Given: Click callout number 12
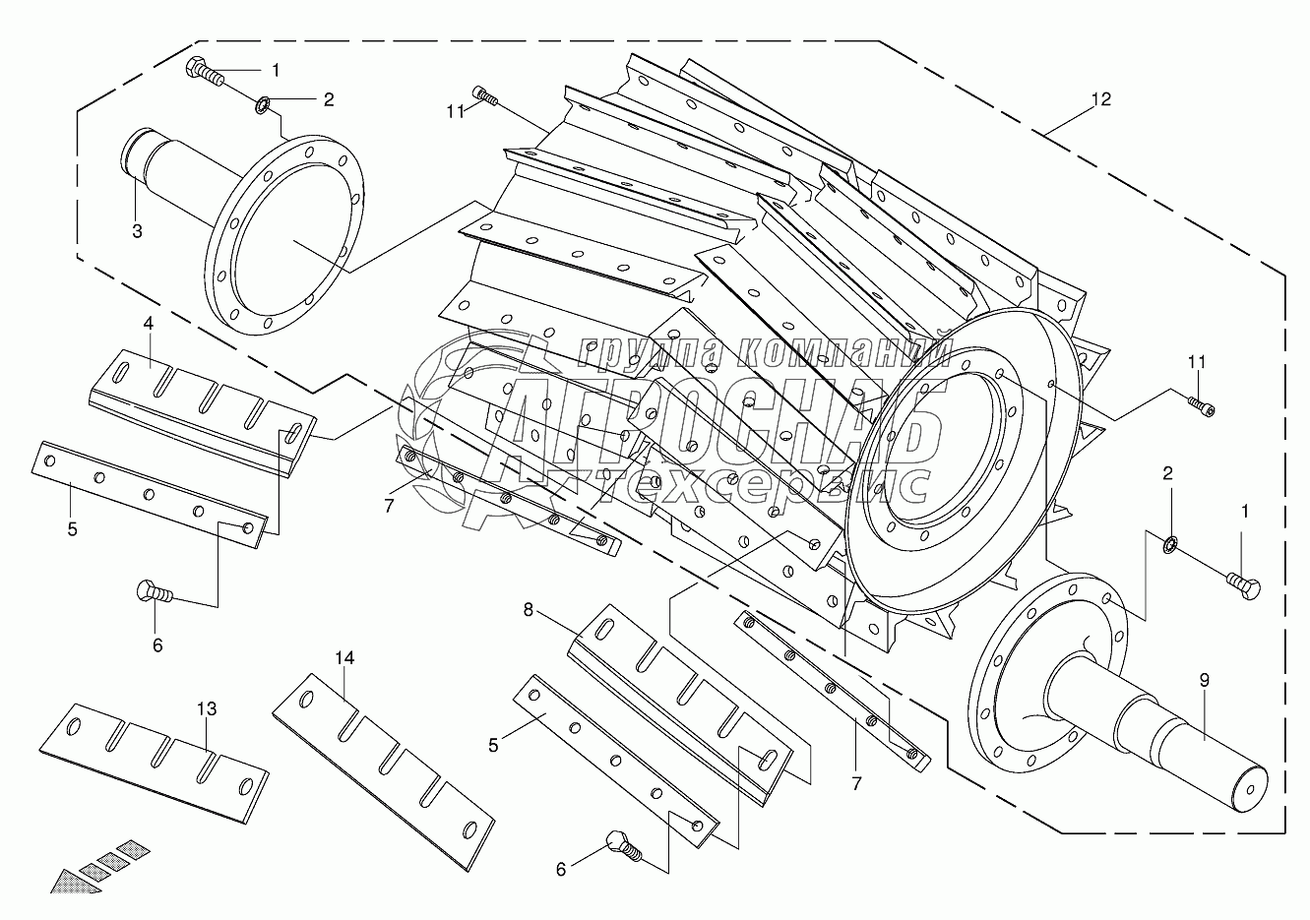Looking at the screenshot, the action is tap(1100, 99).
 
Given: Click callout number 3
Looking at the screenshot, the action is tap(137, 231).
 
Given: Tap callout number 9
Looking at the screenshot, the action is tap(1204, 680).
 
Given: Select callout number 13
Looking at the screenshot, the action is tap(207, 709).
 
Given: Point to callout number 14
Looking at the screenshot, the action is tap(344, 658).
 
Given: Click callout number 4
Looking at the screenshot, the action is tap(149, 323).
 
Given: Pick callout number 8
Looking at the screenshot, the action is tap(529, 610).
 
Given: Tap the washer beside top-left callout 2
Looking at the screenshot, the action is tap(262, 106).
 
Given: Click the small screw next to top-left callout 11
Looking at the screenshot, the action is tap(484, 95).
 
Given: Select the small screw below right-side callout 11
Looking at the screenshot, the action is tap(1201, 405).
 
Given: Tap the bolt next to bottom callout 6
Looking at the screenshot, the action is tap(625, 847).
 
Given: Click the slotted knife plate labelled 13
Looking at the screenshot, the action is tap(154, 764).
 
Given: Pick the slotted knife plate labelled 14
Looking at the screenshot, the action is tap(384, 772).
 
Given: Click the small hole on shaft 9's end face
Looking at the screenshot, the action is tap(1249, 790).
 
